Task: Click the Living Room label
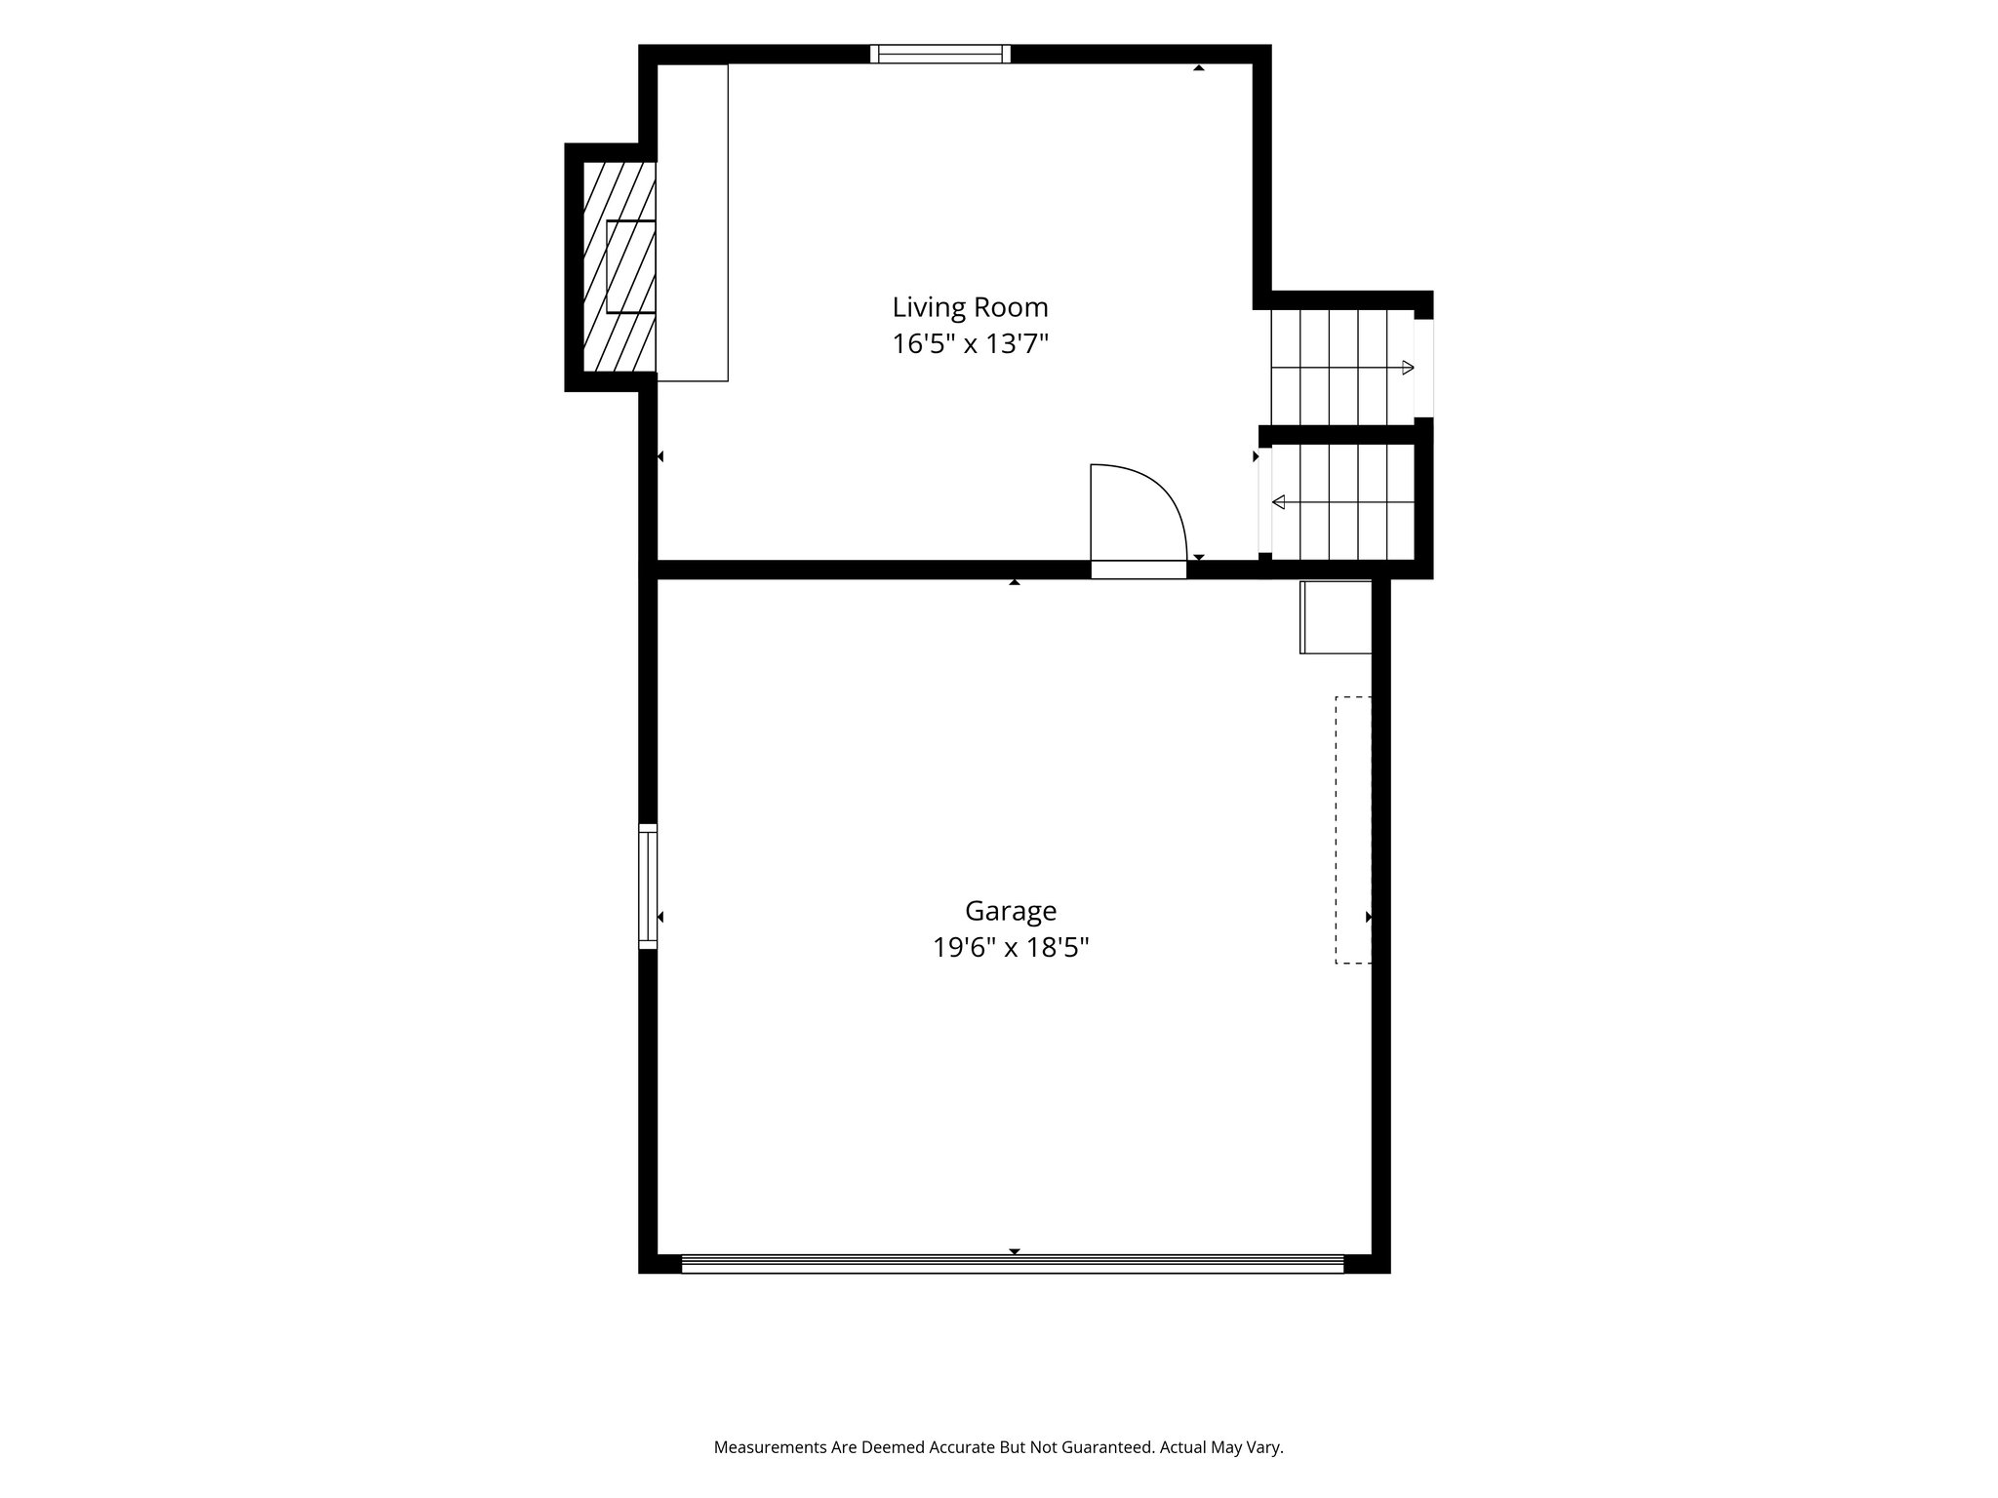pos(970,307)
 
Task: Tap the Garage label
pos(1011,911)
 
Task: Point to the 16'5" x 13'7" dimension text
pos(970,344)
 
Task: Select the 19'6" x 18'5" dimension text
pos(1011,948)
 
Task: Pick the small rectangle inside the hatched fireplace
pos(630,266)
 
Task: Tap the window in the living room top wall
pos(940,55)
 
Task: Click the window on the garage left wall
pos(648,887)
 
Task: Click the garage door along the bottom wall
pos(1013,1264)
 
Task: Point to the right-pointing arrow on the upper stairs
pos(1342,368)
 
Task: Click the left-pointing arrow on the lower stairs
pos(1342,502)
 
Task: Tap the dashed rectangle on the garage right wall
pos(1353,830)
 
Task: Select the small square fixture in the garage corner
pos(1336,616)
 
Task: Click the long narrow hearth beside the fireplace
pos(693,222)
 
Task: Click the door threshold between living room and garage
pos(1139,571)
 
